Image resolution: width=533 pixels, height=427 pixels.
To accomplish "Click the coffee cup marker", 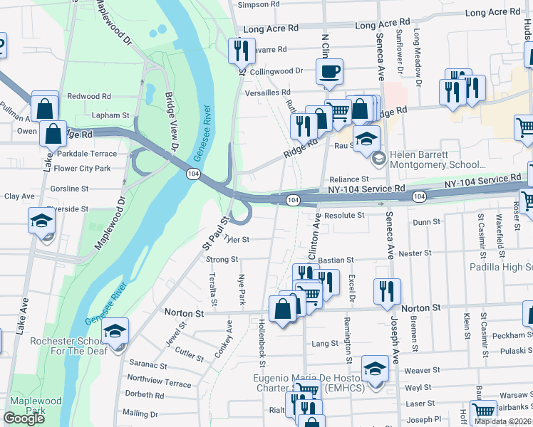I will (x=329, y=72).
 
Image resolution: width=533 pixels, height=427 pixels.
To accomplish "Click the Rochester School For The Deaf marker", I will (x=114, y=332).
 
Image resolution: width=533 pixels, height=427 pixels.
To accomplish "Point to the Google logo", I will (x=24, y=418).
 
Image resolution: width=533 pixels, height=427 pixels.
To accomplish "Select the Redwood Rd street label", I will (x=89, y=96).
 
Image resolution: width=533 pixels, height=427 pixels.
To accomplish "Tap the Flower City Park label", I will (x=83, y=169).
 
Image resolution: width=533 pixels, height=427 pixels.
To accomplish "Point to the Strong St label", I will (x=222, y=260).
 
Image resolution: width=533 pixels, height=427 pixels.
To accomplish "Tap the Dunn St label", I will (x=426, y=222).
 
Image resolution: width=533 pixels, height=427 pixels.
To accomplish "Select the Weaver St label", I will (x=422, y=370).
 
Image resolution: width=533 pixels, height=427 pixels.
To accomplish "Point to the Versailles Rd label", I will (x=267, y=93).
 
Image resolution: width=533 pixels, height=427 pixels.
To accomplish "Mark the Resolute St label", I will (x=344, y=215).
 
